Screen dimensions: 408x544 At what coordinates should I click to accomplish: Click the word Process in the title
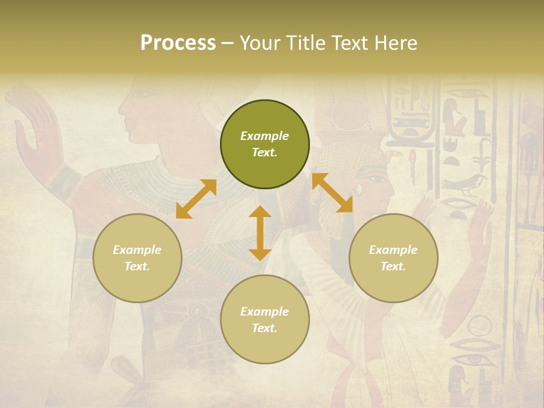click(178, 43)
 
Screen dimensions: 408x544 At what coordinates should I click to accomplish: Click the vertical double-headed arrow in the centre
click(260, 233)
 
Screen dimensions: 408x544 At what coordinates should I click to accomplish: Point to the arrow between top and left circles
click(196, 199)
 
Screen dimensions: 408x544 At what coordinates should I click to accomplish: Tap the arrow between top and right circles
click(332, 193)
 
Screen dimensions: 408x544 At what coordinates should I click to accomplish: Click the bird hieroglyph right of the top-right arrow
click(465, 184)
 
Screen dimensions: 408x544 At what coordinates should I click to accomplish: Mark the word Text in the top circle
click(265, 152)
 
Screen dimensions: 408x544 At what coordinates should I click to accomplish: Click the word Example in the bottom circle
click(265, 312)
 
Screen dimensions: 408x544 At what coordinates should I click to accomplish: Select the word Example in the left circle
click(137, 250)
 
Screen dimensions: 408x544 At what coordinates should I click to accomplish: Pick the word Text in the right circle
click(393, 266)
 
